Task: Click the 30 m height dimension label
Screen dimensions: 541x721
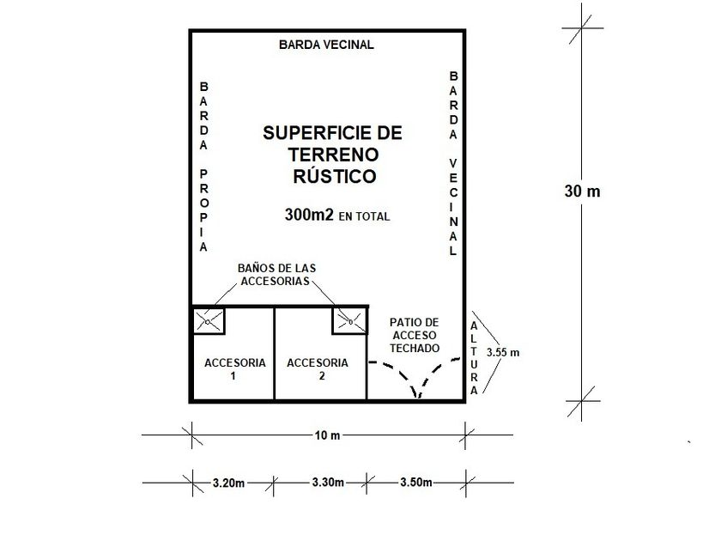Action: click(582, 191)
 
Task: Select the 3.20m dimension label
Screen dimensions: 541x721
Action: click(228, 483)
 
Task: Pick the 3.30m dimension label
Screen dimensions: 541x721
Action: click(322, 483)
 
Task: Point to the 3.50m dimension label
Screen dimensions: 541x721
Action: click(415, 483)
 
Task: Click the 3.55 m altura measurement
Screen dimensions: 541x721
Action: click(503, 352)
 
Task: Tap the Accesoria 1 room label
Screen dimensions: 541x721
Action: click(234, 368)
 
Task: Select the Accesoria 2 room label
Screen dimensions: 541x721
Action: click(318, 368)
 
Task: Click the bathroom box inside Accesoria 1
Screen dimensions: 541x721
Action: click(208, 321)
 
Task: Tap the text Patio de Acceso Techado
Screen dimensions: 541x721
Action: click(415, 335)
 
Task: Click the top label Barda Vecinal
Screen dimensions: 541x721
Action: click(326, 45)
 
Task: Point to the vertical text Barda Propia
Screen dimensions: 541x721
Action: click(204, 167)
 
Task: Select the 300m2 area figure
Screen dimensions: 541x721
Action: click(308, 216)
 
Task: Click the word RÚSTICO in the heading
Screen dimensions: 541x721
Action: click(332, 176)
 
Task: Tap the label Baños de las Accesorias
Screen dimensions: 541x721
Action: click(276, 276)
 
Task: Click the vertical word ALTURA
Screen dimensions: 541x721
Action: click(474, 358)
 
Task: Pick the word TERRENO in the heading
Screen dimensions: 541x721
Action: click(332, 155)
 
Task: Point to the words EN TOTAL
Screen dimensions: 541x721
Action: click(364, 217)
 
